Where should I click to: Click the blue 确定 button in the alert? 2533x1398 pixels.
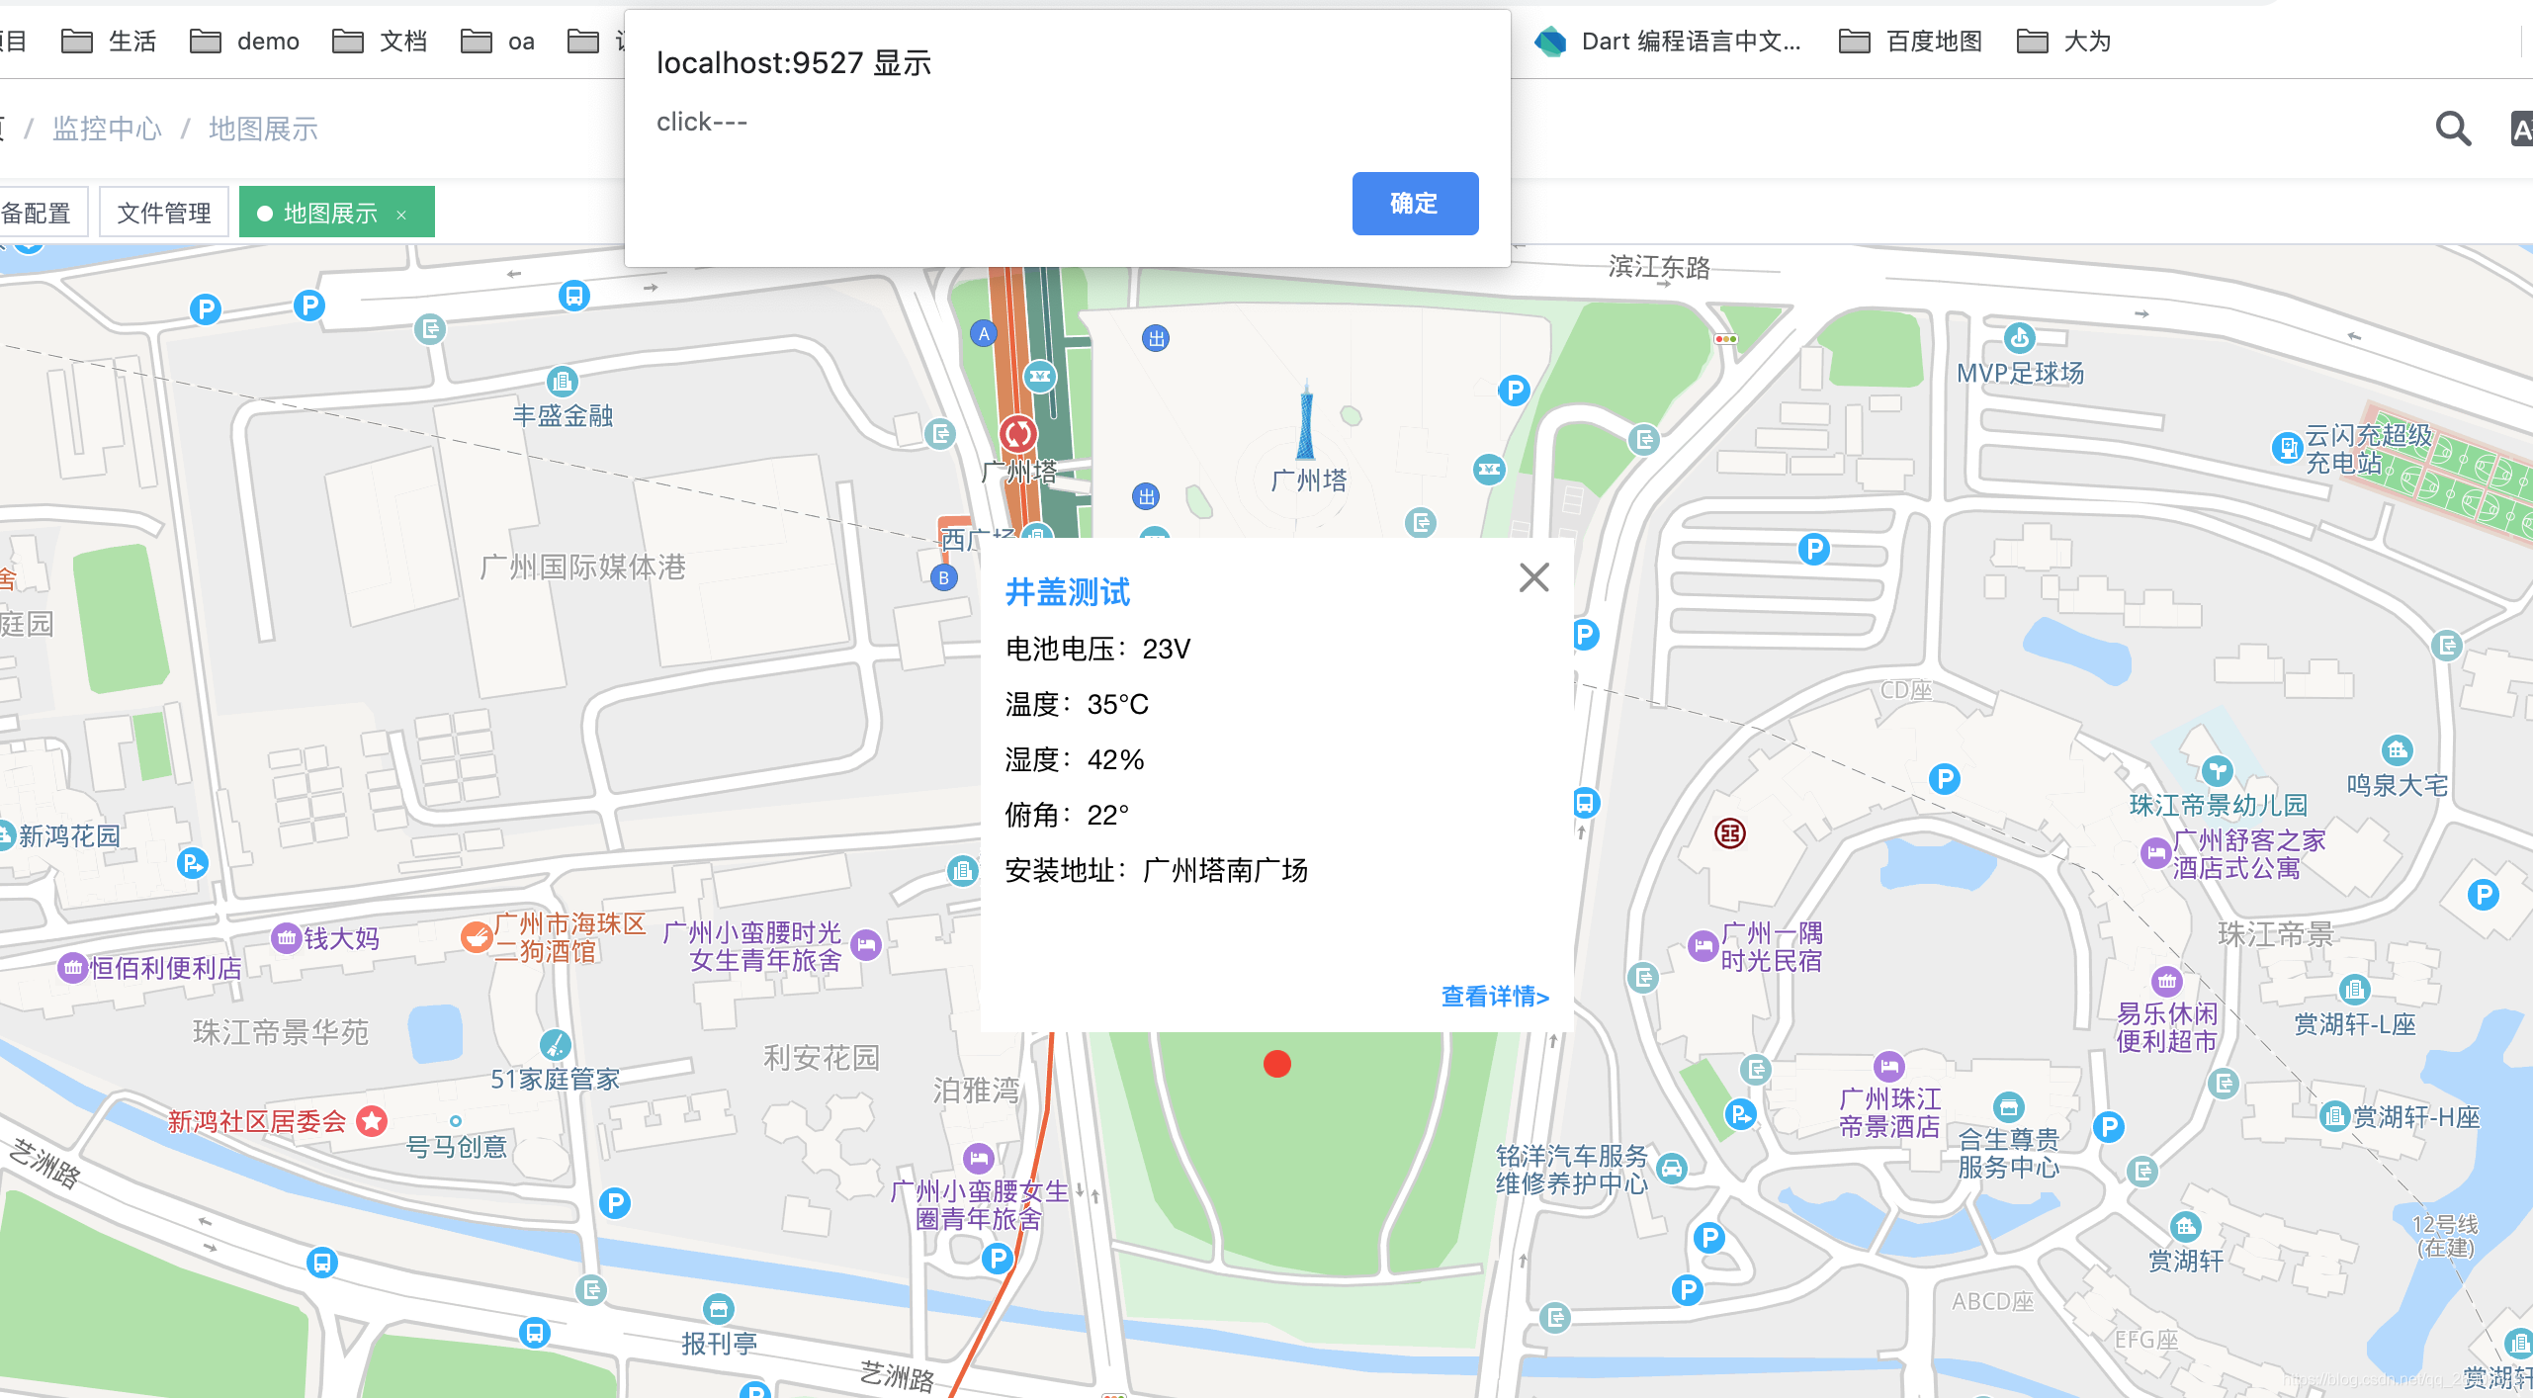coord(1415,204)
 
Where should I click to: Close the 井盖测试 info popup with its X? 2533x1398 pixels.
coord(1533,577)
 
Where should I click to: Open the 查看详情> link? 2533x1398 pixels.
coord(1495,996)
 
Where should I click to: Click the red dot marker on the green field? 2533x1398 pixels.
coord(1277,1064)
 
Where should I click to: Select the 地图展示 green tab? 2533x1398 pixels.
coord(330,213)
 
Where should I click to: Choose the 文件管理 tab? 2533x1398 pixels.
coord(164,213)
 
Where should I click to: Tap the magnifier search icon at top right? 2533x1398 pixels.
coord(2453,129)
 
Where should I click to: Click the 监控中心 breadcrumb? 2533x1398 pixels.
coord(107,129)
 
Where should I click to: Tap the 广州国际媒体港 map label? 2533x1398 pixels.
coord(582,567)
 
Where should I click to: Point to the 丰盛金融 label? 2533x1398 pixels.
coord(563,415)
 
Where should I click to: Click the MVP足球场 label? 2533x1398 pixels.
coord(2020,373)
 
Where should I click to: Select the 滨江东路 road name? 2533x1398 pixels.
coord(1659,267)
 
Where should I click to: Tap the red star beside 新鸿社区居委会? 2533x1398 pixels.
coord(372,1120)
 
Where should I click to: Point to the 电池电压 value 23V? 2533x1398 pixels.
coord(1167,649)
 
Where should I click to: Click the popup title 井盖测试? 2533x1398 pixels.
coord(1068,592)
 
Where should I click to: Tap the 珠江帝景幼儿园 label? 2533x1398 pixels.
coord(2218,805)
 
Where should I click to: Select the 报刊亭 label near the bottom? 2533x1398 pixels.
coord(719,1343)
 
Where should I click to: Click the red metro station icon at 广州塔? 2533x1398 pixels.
coord(1018,433)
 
